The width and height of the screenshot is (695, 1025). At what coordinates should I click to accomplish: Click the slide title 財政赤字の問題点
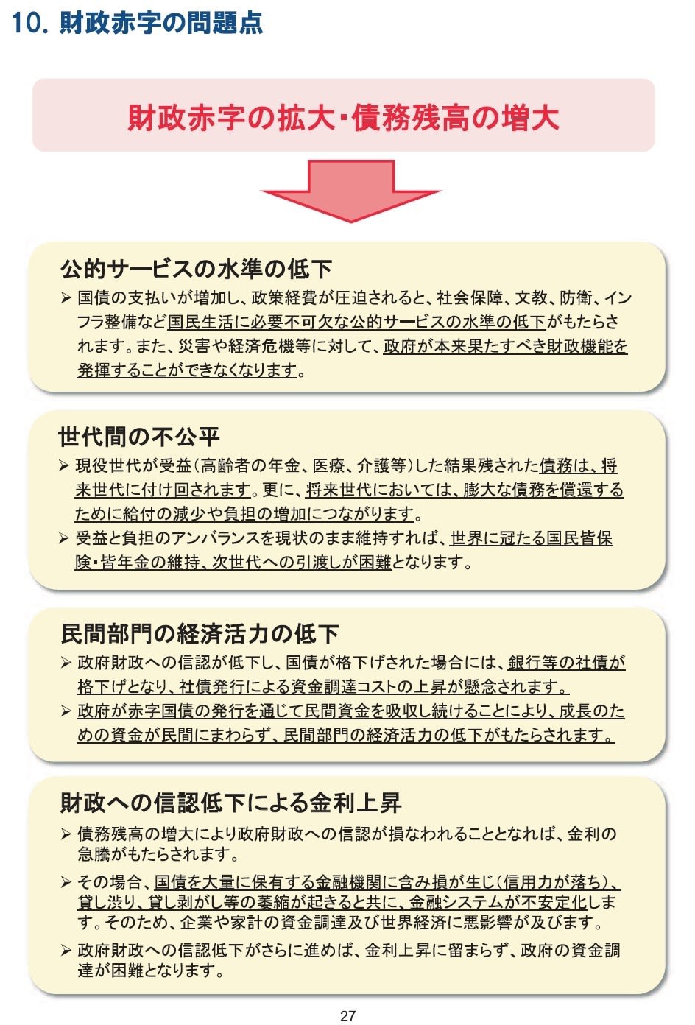click(x=160, y=23)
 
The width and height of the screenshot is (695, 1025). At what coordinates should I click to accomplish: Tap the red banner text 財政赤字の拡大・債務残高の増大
click(x=344, y=117)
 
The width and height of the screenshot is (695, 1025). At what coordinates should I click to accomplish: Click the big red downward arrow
click(x=350, y=191)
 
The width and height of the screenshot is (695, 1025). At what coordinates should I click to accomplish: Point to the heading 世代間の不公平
click(x=139, y=437)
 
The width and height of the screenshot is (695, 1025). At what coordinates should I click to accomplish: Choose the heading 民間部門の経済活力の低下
click(x=200, y=633)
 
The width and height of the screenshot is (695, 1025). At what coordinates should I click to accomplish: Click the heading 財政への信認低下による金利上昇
click(x=230, y=803)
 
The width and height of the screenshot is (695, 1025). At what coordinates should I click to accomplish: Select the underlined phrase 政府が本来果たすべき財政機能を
click(x=505, y=346)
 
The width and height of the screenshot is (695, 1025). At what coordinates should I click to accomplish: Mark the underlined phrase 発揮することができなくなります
click(x=187, y=370)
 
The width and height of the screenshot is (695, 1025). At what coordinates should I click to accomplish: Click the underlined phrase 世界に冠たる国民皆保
click(x=532, y=538)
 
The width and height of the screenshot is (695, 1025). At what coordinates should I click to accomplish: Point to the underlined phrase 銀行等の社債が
click(x=566, y=663)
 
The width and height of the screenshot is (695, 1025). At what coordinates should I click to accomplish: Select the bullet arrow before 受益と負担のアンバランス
click(x=64, y=538)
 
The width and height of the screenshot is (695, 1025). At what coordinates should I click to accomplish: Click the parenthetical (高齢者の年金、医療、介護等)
click(x=302, y=466)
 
